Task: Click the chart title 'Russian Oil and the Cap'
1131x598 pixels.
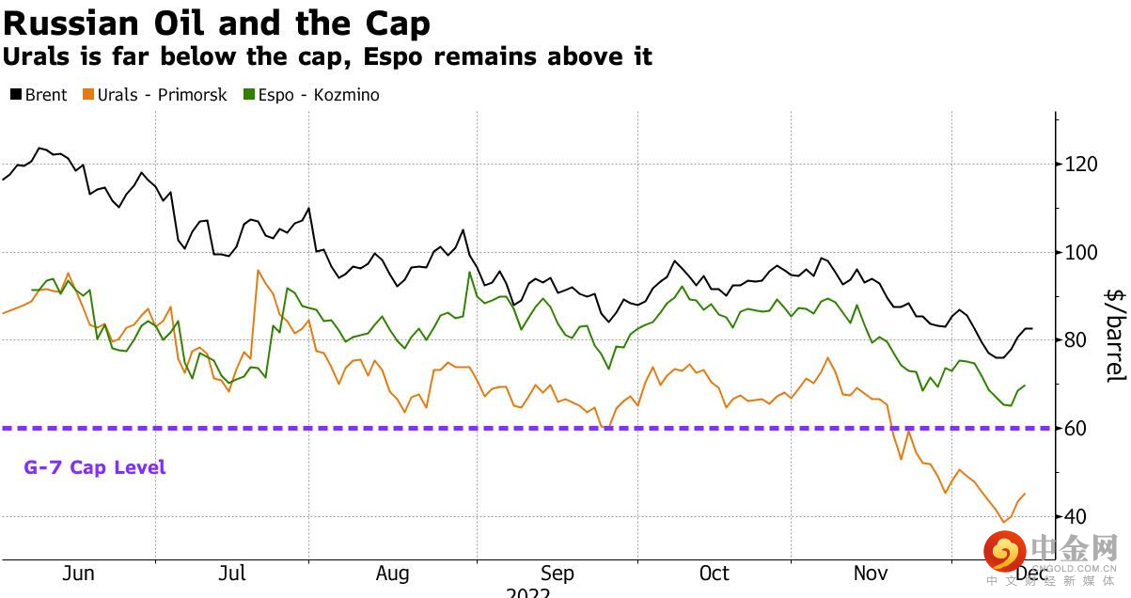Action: (217, 23)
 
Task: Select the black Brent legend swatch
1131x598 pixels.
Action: (15, 95)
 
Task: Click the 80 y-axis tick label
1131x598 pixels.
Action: (1076, 340)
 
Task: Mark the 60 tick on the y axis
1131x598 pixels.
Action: (1076, 429)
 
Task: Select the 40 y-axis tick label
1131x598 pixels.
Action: (1076, 517)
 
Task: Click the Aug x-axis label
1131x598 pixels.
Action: (392, 574)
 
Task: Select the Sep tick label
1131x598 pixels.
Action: (557, 574)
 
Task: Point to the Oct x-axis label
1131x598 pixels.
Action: (715, 574)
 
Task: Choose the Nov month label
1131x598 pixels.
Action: (871, 574)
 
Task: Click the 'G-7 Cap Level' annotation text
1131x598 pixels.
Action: (95, 467)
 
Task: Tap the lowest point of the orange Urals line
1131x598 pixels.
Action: (1003, 522)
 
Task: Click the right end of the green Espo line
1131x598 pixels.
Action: (1024, 386)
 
